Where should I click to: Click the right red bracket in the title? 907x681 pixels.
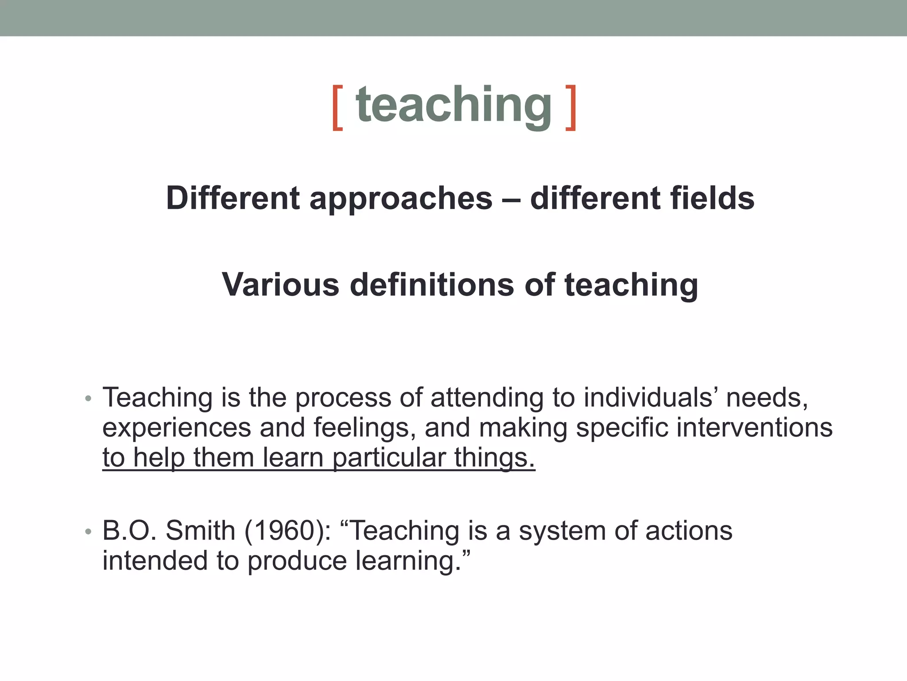coord(571,108)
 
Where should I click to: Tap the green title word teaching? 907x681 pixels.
coord(453,105)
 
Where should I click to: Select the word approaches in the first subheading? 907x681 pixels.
coord(401,198)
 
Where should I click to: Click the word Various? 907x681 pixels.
coord(280,285)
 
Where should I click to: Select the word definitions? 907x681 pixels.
coord(432,285)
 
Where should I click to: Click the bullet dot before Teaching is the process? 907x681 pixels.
coord(88,398)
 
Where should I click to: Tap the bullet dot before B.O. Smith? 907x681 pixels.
coord(88,531)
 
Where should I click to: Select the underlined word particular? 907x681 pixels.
coord(389,458)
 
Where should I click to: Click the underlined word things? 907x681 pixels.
coord(494,458)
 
